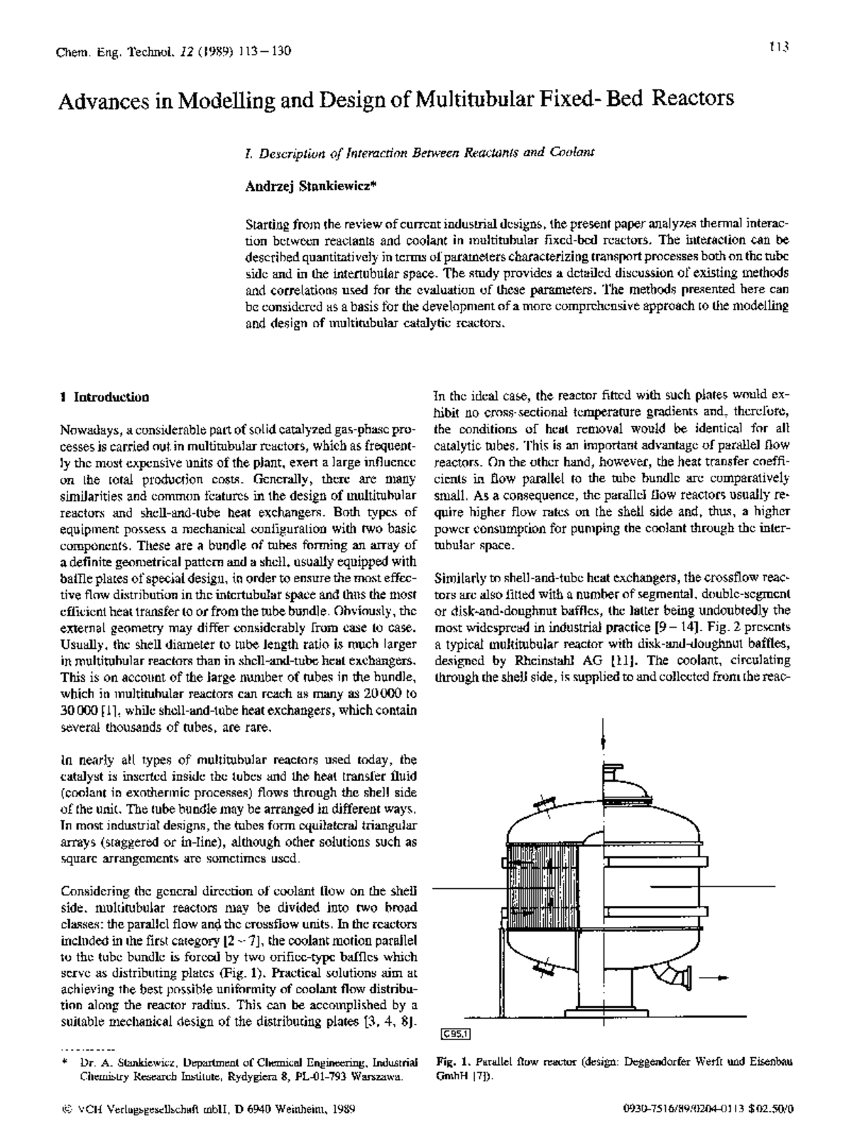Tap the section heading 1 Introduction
click(105, 397)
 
